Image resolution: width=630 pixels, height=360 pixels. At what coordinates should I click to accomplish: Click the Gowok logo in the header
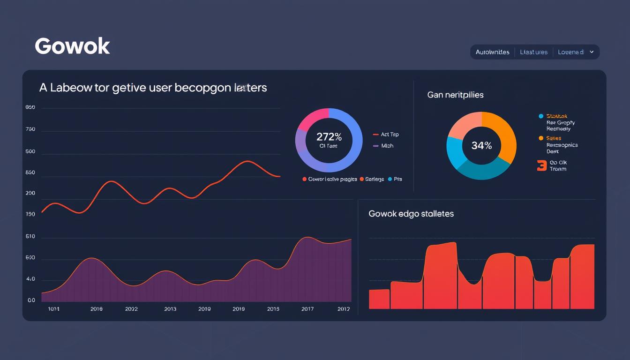[x=72, y=46]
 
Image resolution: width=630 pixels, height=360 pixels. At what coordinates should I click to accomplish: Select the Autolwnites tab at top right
[x=492, y=52]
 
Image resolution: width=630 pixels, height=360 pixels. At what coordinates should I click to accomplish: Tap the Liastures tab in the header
[x=533, y=52]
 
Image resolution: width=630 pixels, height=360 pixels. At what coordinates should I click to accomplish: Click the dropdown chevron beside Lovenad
[x=592, y=52]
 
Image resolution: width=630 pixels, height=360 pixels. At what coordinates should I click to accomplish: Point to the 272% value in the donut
[x=329, y=137]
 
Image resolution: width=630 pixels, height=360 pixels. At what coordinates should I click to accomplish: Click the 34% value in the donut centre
[x=481, y=146]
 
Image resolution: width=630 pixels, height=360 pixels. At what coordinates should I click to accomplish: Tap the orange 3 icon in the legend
[x=542, y=165]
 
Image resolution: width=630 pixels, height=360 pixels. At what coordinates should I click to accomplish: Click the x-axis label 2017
[x=307, y=309]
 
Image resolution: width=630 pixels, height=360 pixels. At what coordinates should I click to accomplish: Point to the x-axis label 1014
[x=54, y=309]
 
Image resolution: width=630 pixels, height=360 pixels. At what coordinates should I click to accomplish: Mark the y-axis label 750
[x=31, y=129]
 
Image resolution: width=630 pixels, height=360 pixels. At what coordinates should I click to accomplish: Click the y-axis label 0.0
[x=31, y=300]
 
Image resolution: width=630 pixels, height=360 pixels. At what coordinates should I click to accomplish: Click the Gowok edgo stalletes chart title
[x=411, y=214]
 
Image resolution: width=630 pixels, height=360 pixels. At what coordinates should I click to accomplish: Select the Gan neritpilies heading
[x=455, y=95]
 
